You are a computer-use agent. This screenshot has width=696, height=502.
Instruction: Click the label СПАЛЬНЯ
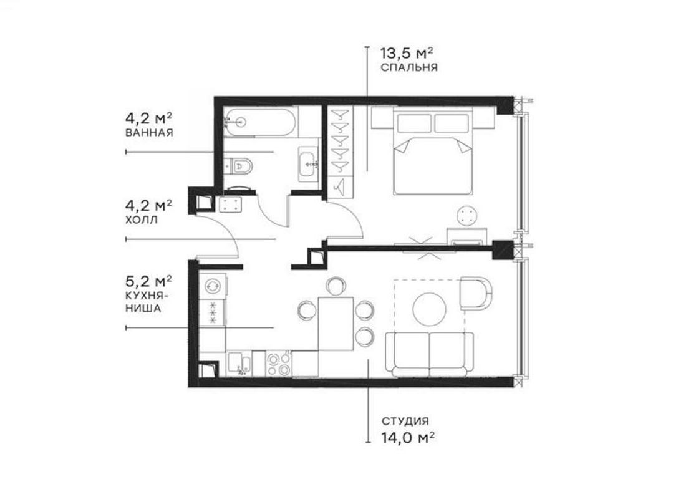pyautogui.click(x=408, y=67)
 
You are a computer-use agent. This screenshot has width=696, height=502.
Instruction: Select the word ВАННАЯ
pyautogui.click(x=148, y=133)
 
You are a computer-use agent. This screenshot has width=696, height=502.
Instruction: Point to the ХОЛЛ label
pyautogui.click(x=140, y=220)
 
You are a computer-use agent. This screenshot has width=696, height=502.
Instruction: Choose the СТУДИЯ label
pyautogui.click(x=405, y=422)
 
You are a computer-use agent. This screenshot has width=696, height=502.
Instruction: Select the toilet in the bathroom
pyautogui.click(x=241, y=166)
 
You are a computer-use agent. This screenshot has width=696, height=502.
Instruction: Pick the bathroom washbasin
pyautogui.click(x=309, y=164)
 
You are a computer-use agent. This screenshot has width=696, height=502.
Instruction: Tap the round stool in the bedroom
pyautogui.click(x=466, y=216)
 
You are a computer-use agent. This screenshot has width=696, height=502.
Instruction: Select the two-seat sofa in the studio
pyautogui.click(x=429, y=354)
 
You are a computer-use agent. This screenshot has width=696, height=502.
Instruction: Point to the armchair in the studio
pyautogui.click(x=476, y=294)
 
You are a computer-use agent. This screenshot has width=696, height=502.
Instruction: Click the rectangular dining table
pyautogui.click(x=336, y=324)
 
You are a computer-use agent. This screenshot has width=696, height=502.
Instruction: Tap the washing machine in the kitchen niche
pyautogui.click(x=212, y=285)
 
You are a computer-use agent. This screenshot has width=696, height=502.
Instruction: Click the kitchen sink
pyautogui.click(x=239, y=364)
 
